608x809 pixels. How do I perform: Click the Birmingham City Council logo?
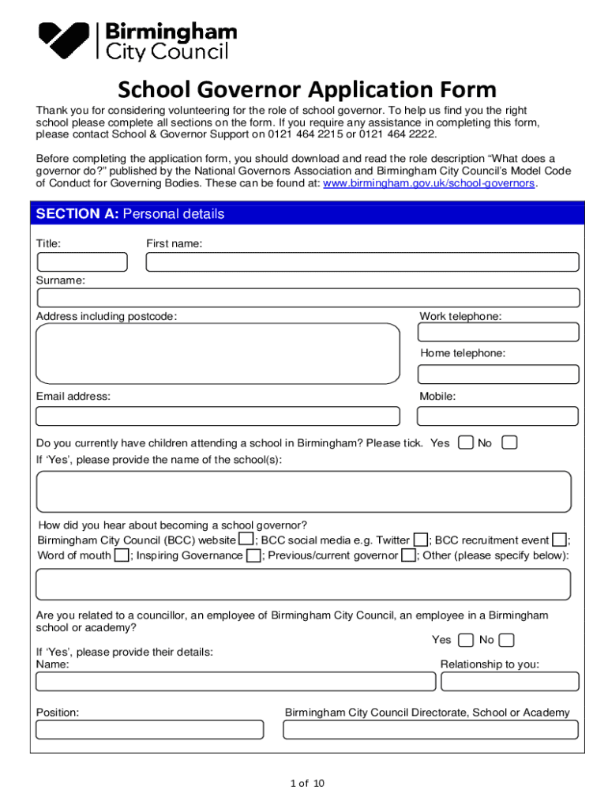click(x=138, y=41)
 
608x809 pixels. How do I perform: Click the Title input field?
click(x=81, y=262)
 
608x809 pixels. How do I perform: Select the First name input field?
click(x=364, y=262)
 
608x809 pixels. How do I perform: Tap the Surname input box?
click(x=308, y=298)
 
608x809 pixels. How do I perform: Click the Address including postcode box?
click(x=218, y=353)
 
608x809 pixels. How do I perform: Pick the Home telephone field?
click(x=498, y=374)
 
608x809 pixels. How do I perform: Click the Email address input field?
click(x=218, y=416)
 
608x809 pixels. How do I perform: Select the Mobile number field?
click(x=498, y=416)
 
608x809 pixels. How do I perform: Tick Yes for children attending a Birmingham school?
click(x=466, y=442)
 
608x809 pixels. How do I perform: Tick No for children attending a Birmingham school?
click(x=509, y=442)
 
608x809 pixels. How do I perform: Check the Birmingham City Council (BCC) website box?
click(x=246, y=540)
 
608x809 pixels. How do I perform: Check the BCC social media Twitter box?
click(x=421, y=540)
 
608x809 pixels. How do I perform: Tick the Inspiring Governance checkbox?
click(x=253, y=555)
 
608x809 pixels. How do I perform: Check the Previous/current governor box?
click(x=407, y=555)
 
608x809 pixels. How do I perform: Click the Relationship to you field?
click(x=510, y=681)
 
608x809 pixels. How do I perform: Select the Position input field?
click(x=150, y=729)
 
